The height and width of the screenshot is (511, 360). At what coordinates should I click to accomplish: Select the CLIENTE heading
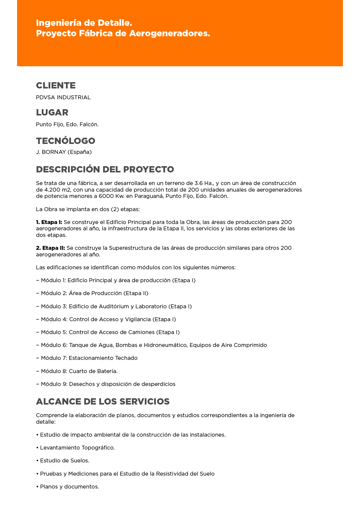pyautogui.click(x=56, y=85)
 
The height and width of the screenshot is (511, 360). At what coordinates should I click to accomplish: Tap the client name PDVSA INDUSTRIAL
pyautogui.click(x=63, y=97)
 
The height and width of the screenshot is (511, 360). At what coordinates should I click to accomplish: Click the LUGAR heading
pyautogui.click(x=52, y=112)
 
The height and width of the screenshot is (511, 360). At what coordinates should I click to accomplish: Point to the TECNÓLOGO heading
pyautogui.click(x=66, y=141)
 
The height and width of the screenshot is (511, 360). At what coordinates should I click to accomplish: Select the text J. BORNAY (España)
pyautogui.click(x=64, y=152)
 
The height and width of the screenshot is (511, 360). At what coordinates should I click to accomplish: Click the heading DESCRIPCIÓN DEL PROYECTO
pyautogui.click(x=105, y=169)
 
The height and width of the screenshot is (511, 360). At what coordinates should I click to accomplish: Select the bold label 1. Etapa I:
pyautogui.click(x=49, y=222)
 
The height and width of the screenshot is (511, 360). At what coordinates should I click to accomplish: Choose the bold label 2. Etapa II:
pyautogui.click(x=50, y=248)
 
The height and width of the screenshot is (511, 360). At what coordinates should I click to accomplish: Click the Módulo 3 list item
pyautogui.click(x=114, y=306)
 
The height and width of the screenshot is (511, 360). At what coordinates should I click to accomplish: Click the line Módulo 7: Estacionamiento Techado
pyautogui.click(x=87, y=358)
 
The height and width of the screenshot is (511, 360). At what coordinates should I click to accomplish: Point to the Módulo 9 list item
pyautogui.click(x=106, y=384)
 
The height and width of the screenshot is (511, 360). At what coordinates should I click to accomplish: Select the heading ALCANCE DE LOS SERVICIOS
pyautogui.click(x=103, y=402)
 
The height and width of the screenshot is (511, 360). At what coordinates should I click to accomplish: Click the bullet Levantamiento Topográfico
pyautogui.click(x=76, y=448)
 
